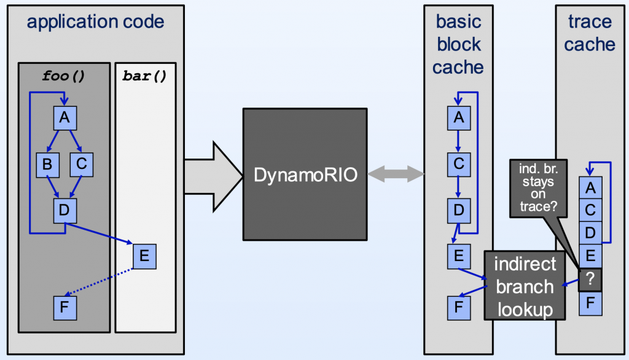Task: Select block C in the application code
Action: point(81,164)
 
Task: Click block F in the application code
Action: point(64,307)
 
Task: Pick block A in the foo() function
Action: point(64,117)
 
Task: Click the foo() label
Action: point(64,76)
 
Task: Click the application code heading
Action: point(95,23)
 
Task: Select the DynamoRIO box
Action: point(304,174)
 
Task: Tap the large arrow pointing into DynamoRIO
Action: point(212,174)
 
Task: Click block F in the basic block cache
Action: point(458,305)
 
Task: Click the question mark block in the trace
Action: point(590,280)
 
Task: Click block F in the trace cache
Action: point(590,303)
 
